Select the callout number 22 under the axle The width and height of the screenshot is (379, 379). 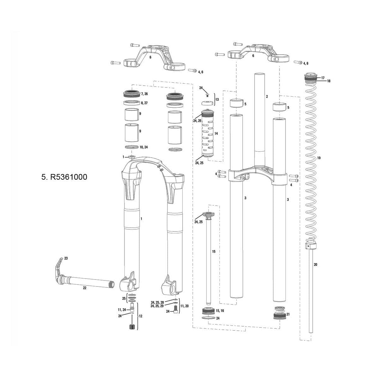click(x=85, y=288)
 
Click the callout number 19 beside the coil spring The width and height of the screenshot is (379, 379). click(x=319, y=158)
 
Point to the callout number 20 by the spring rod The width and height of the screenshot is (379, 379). click(x=316, y=265)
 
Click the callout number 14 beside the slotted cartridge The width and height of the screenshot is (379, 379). click(x=216, y=134)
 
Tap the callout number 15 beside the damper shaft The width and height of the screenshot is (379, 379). click(x=214, y=251)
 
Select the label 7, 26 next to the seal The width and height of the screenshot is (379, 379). click(x=144, y=94)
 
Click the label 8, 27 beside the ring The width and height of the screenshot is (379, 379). click(x=144, y=103)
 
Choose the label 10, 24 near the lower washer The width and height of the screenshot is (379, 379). click(x=144, y=147)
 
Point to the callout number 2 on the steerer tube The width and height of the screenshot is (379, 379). click(x=267, y=96)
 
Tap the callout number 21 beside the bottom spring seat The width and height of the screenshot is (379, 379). click(x=288, y=314)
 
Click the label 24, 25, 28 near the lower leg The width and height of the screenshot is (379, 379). click(x=157, y=302)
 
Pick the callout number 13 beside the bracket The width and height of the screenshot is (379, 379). click(x=217, y=99)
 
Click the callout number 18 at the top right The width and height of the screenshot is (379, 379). click(x=329, y=81)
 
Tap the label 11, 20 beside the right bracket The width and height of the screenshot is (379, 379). click(x=184, y=306)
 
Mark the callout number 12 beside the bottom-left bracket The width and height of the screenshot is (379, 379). click(x=141, y=316)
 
